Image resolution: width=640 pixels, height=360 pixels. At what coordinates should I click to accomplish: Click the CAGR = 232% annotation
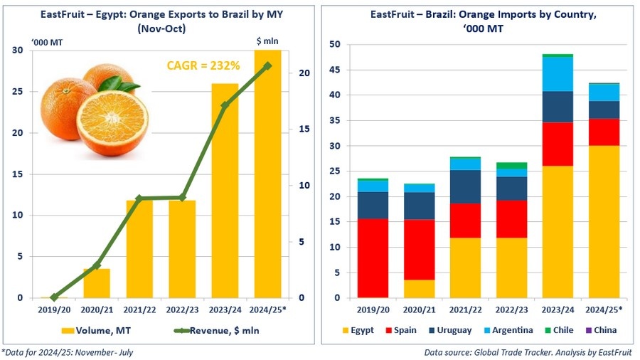[x=203, y=65]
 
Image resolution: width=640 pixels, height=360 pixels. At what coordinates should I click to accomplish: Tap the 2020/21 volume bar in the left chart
[x=97, y=283]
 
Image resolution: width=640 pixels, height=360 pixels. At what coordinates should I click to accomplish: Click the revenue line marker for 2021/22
[x=139, y=198]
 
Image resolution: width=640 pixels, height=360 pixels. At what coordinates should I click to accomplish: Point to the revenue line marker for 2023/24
[x=225, y=105]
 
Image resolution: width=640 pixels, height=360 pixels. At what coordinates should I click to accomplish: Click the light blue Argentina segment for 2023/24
[x=558, y=74]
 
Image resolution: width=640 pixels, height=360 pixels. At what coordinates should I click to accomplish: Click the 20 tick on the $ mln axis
[x=304, y=73]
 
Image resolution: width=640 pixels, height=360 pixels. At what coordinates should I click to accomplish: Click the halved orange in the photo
[x=112, y=123]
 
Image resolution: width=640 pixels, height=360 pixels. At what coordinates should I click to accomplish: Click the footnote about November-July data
[x=67, y=351]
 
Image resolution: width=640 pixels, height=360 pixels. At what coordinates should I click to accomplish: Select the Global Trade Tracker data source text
[x=530, y=351]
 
